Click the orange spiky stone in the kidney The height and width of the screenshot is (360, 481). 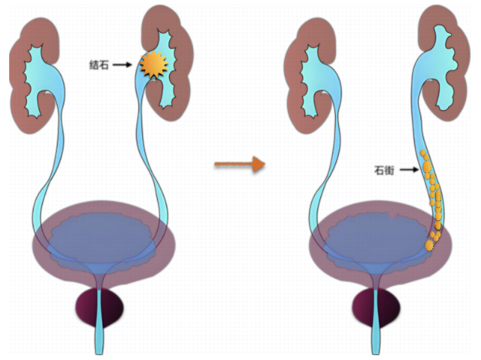(x=153, y=66)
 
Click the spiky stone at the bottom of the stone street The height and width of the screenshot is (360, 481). (x=429, y=245)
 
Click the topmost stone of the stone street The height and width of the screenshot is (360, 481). (x=423, y=154)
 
